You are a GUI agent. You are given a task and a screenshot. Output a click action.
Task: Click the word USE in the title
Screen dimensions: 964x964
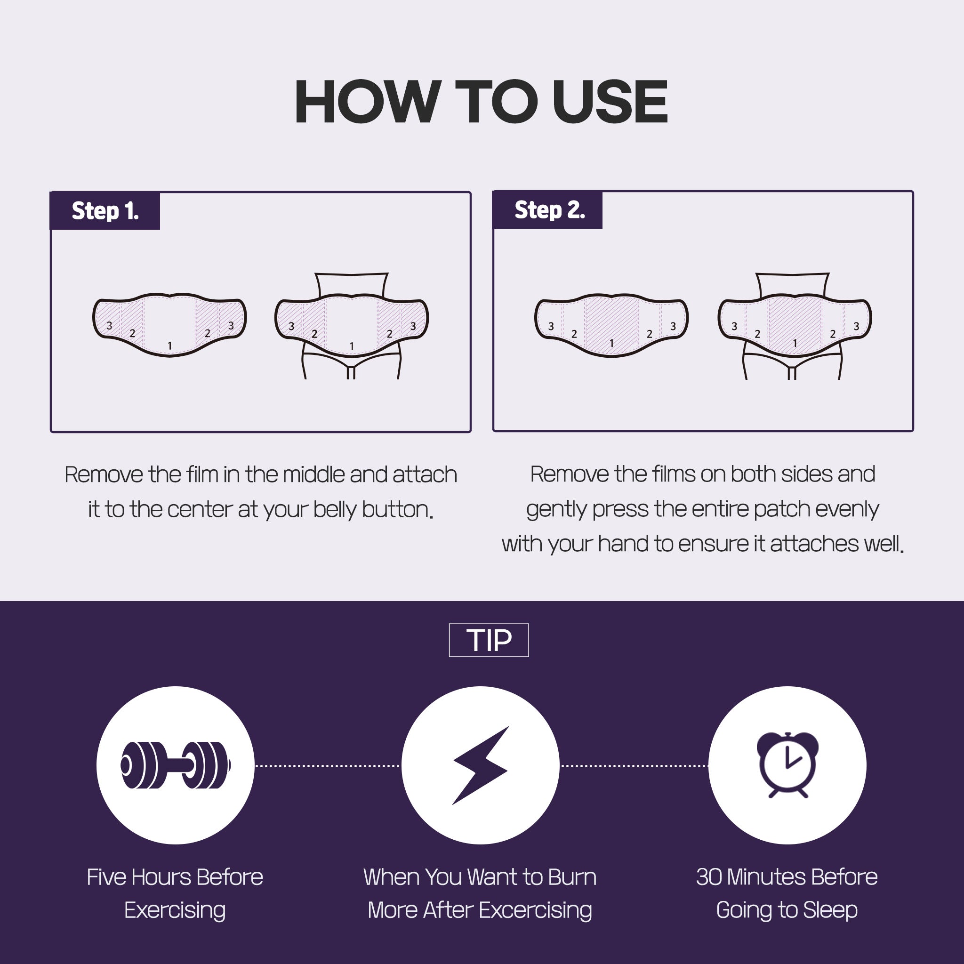tap(610, 102)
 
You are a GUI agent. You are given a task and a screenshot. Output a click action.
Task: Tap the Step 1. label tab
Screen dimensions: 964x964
tap(105, 210)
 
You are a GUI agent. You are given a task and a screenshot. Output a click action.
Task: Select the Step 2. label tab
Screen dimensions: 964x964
tap(548, 209)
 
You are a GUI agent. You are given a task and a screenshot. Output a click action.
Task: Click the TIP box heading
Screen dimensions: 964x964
tap(489, 640)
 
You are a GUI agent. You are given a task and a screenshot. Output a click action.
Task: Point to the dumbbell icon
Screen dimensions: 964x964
tap(176, 765)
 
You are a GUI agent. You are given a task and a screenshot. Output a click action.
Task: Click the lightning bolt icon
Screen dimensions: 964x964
tap(481, 765)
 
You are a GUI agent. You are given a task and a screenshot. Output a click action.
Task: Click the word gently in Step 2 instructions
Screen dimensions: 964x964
tap(556, 510)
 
